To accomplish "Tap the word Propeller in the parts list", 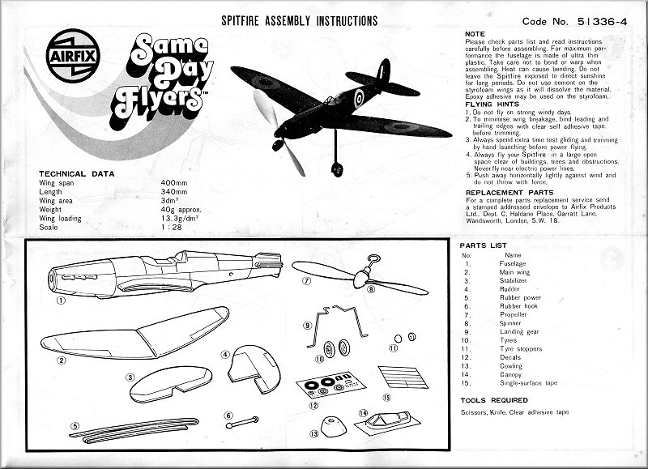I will pyautogui.click(x=514, y=314).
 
